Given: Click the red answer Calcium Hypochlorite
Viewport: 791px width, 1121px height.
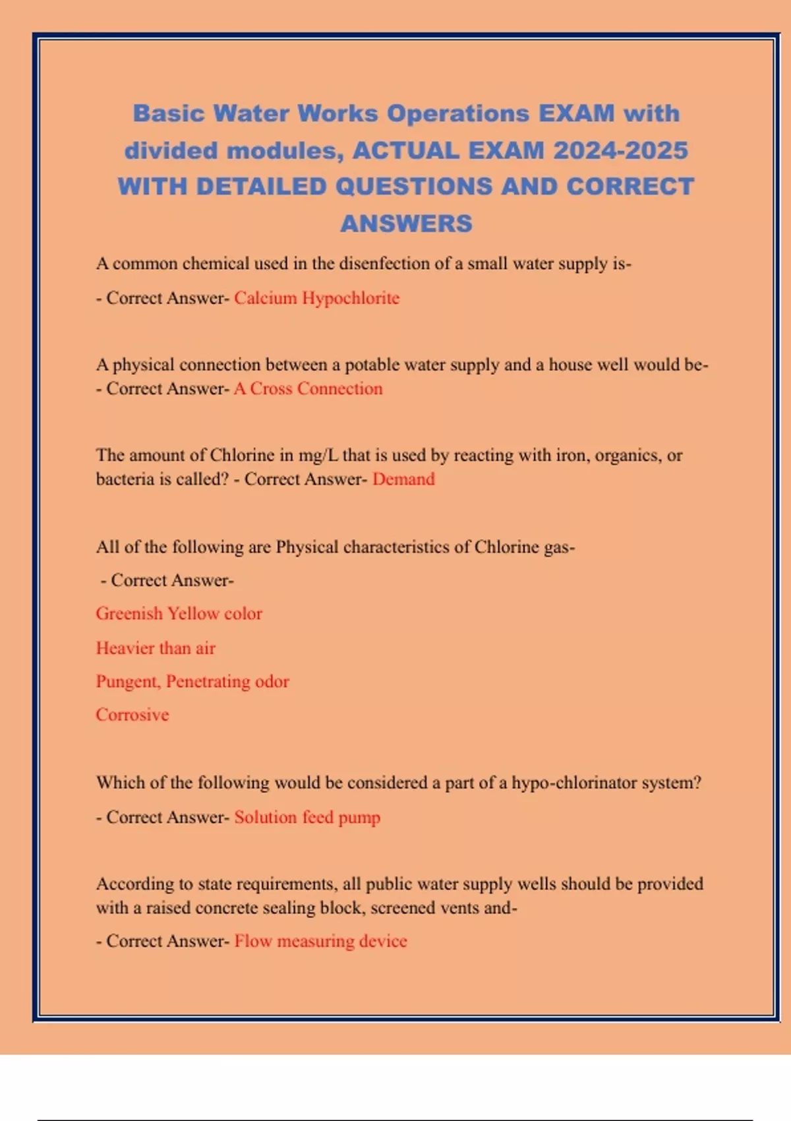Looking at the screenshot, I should (316, 298).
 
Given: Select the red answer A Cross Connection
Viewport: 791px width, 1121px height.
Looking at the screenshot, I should (308, 388).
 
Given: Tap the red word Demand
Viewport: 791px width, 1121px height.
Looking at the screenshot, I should (403, 479).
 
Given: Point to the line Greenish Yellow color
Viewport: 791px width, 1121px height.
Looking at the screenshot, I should (179, 613).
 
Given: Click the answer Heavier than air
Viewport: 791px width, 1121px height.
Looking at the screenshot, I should (156, 648).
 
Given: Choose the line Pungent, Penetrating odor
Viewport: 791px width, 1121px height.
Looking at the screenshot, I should (192, 681).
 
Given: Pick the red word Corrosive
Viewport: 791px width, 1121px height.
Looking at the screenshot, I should (132, 715).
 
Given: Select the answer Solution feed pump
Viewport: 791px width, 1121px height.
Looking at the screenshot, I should (307, 817).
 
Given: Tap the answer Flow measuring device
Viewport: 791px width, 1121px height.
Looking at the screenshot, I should (320, 941).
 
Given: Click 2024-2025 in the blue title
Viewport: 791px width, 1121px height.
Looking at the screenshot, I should (621, 150).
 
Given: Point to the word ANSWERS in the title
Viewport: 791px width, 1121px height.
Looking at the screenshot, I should (406, 224).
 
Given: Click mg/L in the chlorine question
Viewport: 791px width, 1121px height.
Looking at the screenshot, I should (318, 455).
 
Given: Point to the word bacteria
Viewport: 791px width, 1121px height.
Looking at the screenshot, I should (125, 479).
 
